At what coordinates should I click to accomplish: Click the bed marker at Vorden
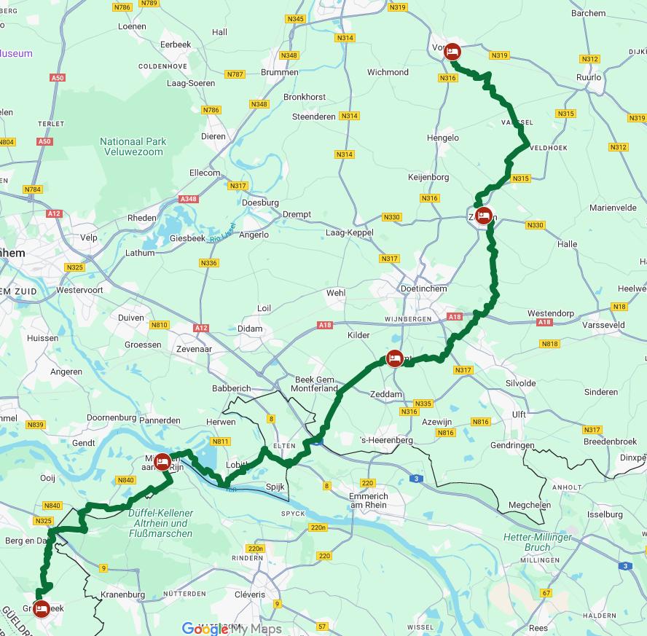[x=452, y=51]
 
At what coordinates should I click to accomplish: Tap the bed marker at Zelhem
[x=483, y=215]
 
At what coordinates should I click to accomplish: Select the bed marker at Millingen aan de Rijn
[x=162, y=461]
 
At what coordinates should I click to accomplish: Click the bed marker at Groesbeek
[x=42, y=608]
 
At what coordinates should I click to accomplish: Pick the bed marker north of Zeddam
[x=394, y=358]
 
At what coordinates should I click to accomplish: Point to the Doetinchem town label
[x=424, y=288]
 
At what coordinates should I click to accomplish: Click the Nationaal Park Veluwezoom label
[x=133, y=147]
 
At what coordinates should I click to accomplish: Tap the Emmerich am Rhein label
[x=368, y=500]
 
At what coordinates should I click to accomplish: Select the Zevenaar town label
[x=194, y=350]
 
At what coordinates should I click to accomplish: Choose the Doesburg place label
[x=260, y=203]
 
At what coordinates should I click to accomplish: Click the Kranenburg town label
[x=122, y=594]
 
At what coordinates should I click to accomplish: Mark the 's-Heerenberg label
[x=387, y=440]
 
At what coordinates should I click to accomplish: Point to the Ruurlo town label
[x=589, y=77]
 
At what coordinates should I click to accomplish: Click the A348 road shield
[x=188, y=199]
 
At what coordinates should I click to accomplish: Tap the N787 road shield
[x=235, y=74]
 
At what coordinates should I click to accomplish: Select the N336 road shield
[x=208, y=263]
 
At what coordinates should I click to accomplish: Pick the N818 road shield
[x=549, y=344]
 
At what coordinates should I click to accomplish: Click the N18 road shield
[x=619, y=307]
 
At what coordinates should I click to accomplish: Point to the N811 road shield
[x=220, y=441]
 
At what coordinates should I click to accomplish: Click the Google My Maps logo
[x=231, y=629]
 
